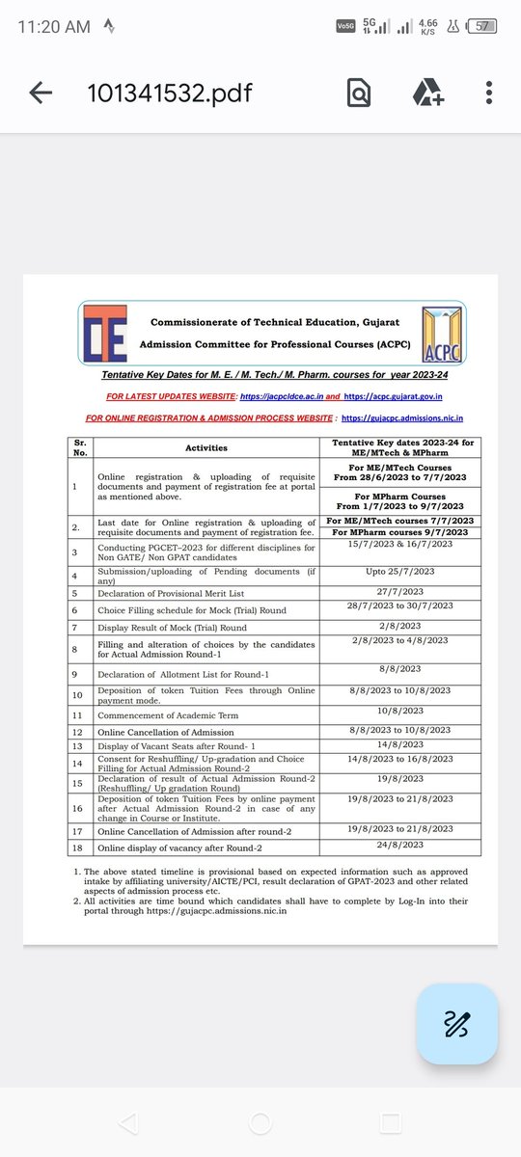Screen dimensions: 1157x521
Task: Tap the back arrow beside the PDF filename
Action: click(41, 93)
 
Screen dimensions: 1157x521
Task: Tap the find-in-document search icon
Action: click(359, 93)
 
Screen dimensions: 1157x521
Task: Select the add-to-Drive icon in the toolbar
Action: click(426, 93)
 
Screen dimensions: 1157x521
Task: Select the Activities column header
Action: click(206, 447)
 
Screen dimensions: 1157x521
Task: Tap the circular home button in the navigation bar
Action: click(260, 1122)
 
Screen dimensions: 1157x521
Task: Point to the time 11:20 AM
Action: click(55, 27)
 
